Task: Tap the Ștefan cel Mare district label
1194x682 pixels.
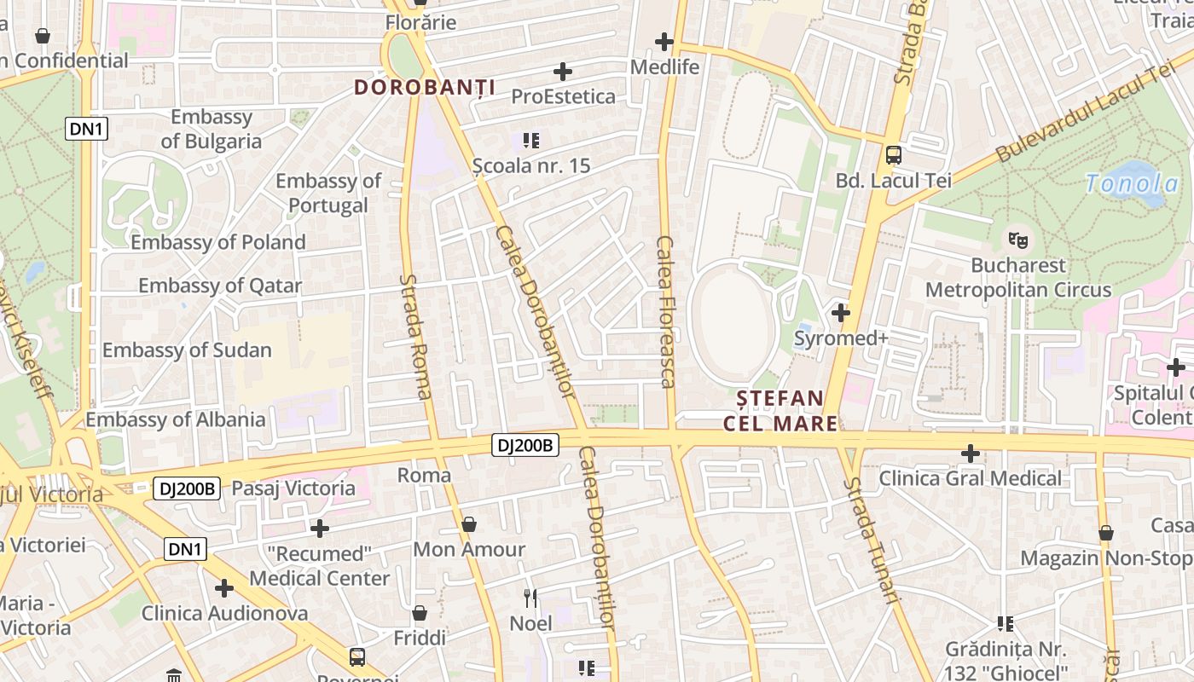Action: (x=780, y=410)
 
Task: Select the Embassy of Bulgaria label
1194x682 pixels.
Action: (x=212, y=129)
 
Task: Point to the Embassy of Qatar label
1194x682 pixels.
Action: (x=220, y=286)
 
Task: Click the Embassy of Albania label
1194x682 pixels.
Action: (x=175, y=419)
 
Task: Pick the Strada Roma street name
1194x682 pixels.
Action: (x=415, y=337)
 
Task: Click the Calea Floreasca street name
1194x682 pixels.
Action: (x=666, y=312)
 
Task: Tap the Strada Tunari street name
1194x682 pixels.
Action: (x=872, y=540)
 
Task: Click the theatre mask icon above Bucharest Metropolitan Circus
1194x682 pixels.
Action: (x=1017, y=240)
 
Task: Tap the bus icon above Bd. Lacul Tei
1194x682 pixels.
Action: (x=893, y=155)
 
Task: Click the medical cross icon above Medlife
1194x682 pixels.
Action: (x=664, y=41)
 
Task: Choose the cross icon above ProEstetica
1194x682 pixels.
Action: (x=563, y=72)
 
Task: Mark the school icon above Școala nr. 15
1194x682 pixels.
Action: (x=531, y=140)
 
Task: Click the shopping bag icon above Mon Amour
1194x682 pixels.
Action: (x=468, y=524)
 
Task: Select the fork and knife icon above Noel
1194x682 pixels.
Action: (x=530, y=598)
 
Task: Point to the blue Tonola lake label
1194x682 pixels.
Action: (x=1132, y=183)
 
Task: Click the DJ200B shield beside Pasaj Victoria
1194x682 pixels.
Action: (x=187, y=488)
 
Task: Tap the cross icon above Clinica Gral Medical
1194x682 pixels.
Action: (x=970, y=454)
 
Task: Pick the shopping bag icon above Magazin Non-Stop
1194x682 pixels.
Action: (x=1105, y=534)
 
